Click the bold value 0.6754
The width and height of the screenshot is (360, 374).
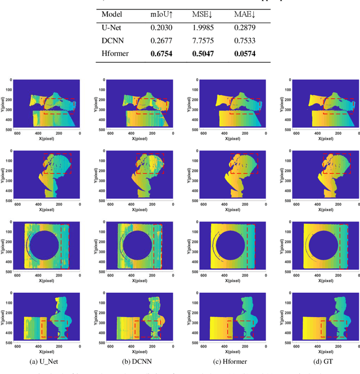[161, 55]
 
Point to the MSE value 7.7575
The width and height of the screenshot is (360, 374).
[204, 41]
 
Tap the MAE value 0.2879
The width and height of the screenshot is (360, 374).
[245, 28]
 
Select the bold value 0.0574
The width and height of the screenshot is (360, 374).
[245, 55]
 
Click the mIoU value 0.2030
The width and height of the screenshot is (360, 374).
[161, 28]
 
